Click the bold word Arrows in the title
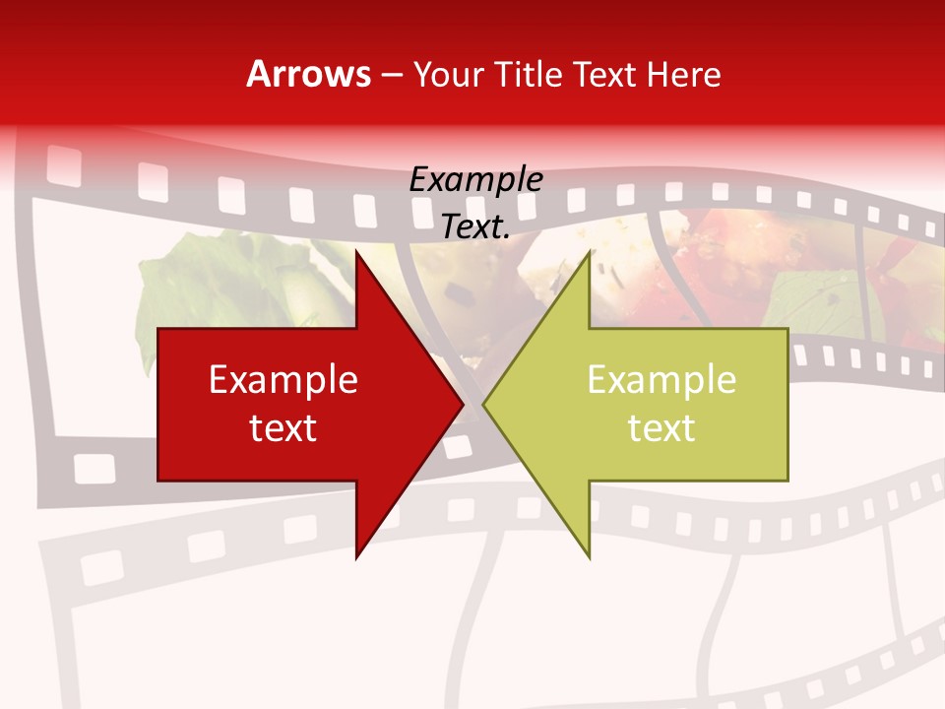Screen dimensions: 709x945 [x=308, y=74]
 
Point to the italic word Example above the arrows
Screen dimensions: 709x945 [x=475, y=180]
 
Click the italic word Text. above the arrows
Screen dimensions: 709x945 [x=475, y=226]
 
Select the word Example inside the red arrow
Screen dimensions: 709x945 [x=283, y=380]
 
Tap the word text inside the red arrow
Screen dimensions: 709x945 [x=283, y=428]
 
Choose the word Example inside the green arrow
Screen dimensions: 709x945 [x=661, y=380]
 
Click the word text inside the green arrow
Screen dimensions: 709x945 [x=661, y=428]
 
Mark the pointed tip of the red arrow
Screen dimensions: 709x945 [x=463, y=404]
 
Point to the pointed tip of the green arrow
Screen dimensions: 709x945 [x=483, y=404]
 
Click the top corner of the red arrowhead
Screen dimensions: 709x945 [x=356, y=251]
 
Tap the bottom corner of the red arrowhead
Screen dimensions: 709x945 [x=356, y=557]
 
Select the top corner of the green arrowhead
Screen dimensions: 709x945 [x=590, y=251]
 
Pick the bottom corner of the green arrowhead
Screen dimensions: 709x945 [x=590, y=557]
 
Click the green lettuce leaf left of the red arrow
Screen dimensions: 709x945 [x=197, y=286]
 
